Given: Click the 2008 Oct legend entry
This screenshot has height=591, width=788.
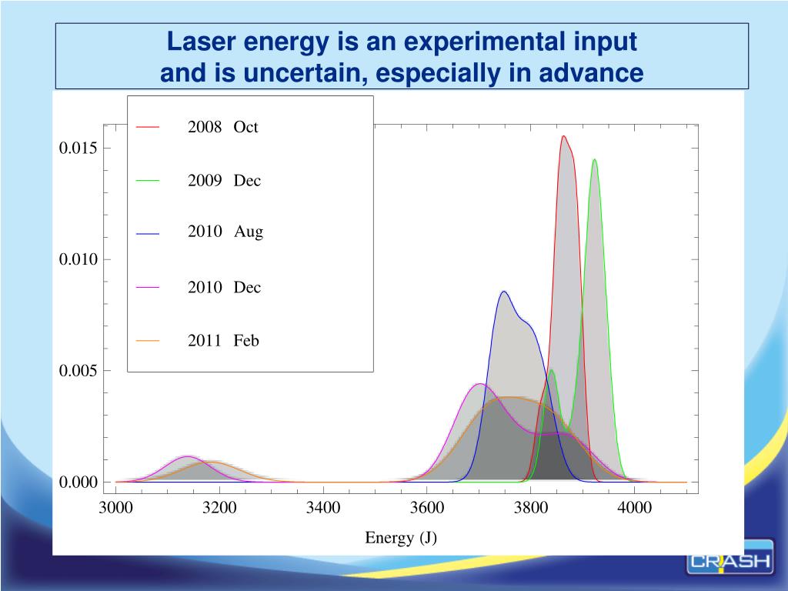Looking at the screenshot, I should (222, 127).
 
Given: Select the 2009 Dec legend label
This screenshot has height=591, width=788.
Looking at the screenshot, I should (224, 181).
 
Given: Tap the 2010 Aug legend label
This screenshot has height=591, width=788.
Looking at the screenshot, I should (225, 232).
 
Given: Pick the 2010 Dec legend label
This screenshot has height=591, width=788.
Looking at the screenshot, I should (224, 288).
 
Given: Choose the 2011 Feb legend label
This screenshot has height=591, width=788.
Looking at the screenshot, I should (223, 341).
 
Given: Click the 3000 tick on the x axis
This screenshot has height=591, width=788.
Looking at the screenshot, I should (115, 507).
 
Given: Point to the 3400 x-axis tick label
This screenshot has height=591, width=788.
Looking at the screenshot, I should (323, 507).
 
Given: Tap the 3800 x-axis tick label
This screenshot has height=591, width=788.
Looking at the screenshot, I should (531, 507).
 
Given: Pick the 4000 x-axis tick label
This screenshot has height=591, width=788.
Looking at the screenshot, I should (635, 507).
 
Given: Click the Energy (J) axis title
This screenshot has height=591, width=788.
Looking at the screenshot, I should (401, 538).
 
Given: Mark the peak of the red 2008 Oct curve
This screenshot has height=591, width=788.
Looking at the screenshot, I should (563, 136).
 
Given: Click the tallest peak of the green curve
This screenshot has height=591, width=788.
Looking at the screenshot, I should (594, 159).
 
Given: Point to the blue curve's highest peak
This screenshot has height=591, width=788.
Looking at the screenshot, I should (503, 291).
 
